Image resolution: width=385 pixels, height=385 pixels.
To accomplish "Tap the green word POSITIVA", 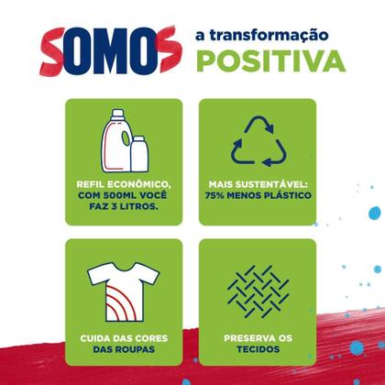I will (x=268, y=60).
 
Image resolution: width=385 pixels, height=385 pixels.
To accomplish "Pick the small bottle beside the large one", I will (x=140, y=152).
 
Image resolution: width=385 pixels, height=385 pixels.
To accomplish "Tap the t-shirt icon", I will (x=120, y=284).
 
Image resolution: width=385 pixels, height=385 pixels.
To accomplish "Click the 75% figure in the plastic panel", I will (x=217, y=195).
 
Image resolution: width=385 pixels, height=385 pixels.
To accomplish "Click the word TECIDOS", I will (x=258, y=347).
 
